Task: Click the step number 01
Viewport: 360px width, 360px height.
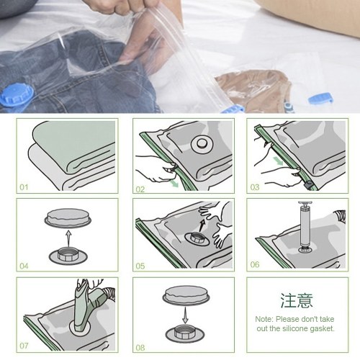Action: pos(24,187)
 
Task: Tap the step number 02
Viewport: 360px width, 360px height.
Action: pos(140,189)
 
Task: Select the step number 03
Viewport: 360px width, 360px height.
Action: pos(255,187)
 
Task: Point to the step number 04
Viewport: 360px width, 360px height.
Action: pos(24,266)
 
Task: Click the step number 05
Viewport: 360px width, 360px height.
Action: pos(140,266)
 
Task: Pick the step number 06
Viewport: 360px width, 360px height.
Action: pos(255,264)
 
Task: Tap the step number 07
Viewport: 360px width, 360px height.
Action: pos(24,346)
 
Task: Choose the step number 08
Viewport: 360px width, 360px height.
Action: pos(140,347)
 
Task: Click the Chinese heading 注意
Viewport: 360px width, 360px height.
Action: pos(297,300)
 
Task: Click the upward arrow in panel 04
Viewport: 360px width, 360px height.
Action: pos(68,239)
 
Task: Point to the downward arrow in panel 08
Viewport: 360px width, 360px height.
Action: pos(185,315)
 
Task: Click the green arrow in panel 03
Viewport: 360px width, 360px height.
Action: pos(278,161)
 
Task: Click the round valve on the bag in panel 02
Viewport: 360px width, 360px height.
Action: pos(202,144)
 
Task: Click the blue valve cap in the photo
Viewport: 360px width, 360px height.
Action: pos(16,96)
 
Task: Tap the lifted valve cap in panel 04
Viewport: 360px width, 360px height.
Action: pos(68,218)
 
